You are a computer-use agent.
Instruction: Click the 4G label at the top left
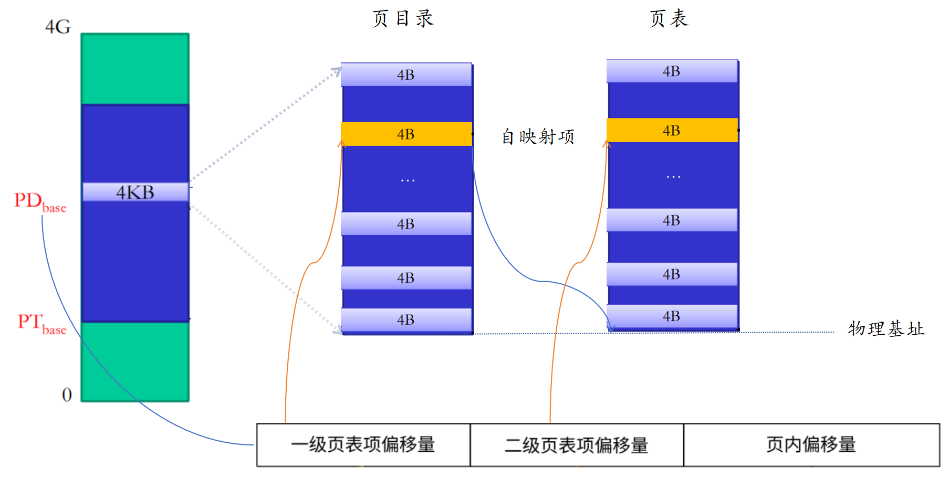click(58, 27)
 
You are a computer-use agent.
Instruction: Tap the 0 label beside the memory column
click(67, 395)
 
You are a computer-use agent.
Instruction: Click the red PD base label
click(40, 202)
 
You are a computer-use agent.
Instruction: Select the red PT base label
click(41, 324)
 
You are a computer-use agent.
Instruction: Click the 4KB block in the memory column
click(135, 192)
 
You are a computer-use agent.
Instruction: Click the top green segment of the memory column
click(135, 69)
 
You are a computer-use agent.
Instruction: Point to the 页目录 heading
click(403, 19)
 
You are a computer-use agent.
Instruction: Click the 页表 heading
click(669, 19)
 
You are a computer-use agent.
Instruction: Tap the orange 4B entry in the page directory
click(406, 134)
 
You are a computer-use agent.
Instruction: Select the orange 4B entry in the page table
click(672, 130)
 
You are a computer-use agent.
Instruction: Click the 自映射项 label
click(538, 137)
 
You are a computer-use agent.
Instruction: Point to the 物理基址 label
click(885, 329)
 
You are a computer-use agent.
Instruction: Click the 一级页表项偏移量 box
click(363, 445)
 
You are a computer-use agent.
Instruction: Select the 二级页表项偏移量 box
click(577, 445)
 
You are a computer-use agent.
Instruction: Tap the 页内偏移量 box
click(811, 445)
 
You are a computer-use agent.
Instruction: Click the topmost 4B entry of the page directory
click(406, 74)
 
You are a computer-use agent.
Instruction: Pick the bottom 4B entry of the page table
click(672, 316)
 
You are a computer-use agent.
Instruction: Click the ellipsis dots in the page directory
click(408, 180)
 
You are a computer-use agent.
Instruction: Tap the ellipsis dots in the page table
click(673, 177)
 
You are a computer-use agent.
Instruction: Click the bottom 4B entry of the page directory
click(406, 320)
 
